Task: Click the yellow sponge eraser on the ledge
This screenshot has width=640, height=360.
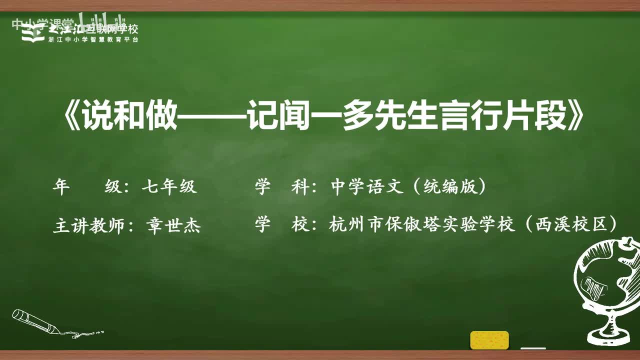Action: pyautogui.click(x=489, y=340)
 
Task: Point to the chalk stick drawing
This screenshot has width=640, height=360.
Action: pyautogui.click(x=37, y=322)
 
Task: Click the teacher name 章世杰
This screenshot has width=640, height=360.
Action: pyautogui.click(x=173, y=226)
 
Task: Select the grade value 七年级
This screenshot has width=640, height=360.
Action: pyautogui.click(x=169, y=187)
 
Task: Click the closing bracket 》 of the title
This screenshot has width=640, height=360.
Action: pyautogui.click(x=573, y=119)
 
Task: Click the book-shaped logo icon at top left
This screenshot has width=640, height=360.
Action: pyautogui.click(x=33, y=33)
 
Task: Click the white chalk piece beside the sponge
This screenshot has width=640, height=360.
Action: pyautogui.click(x=533, y=348)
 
